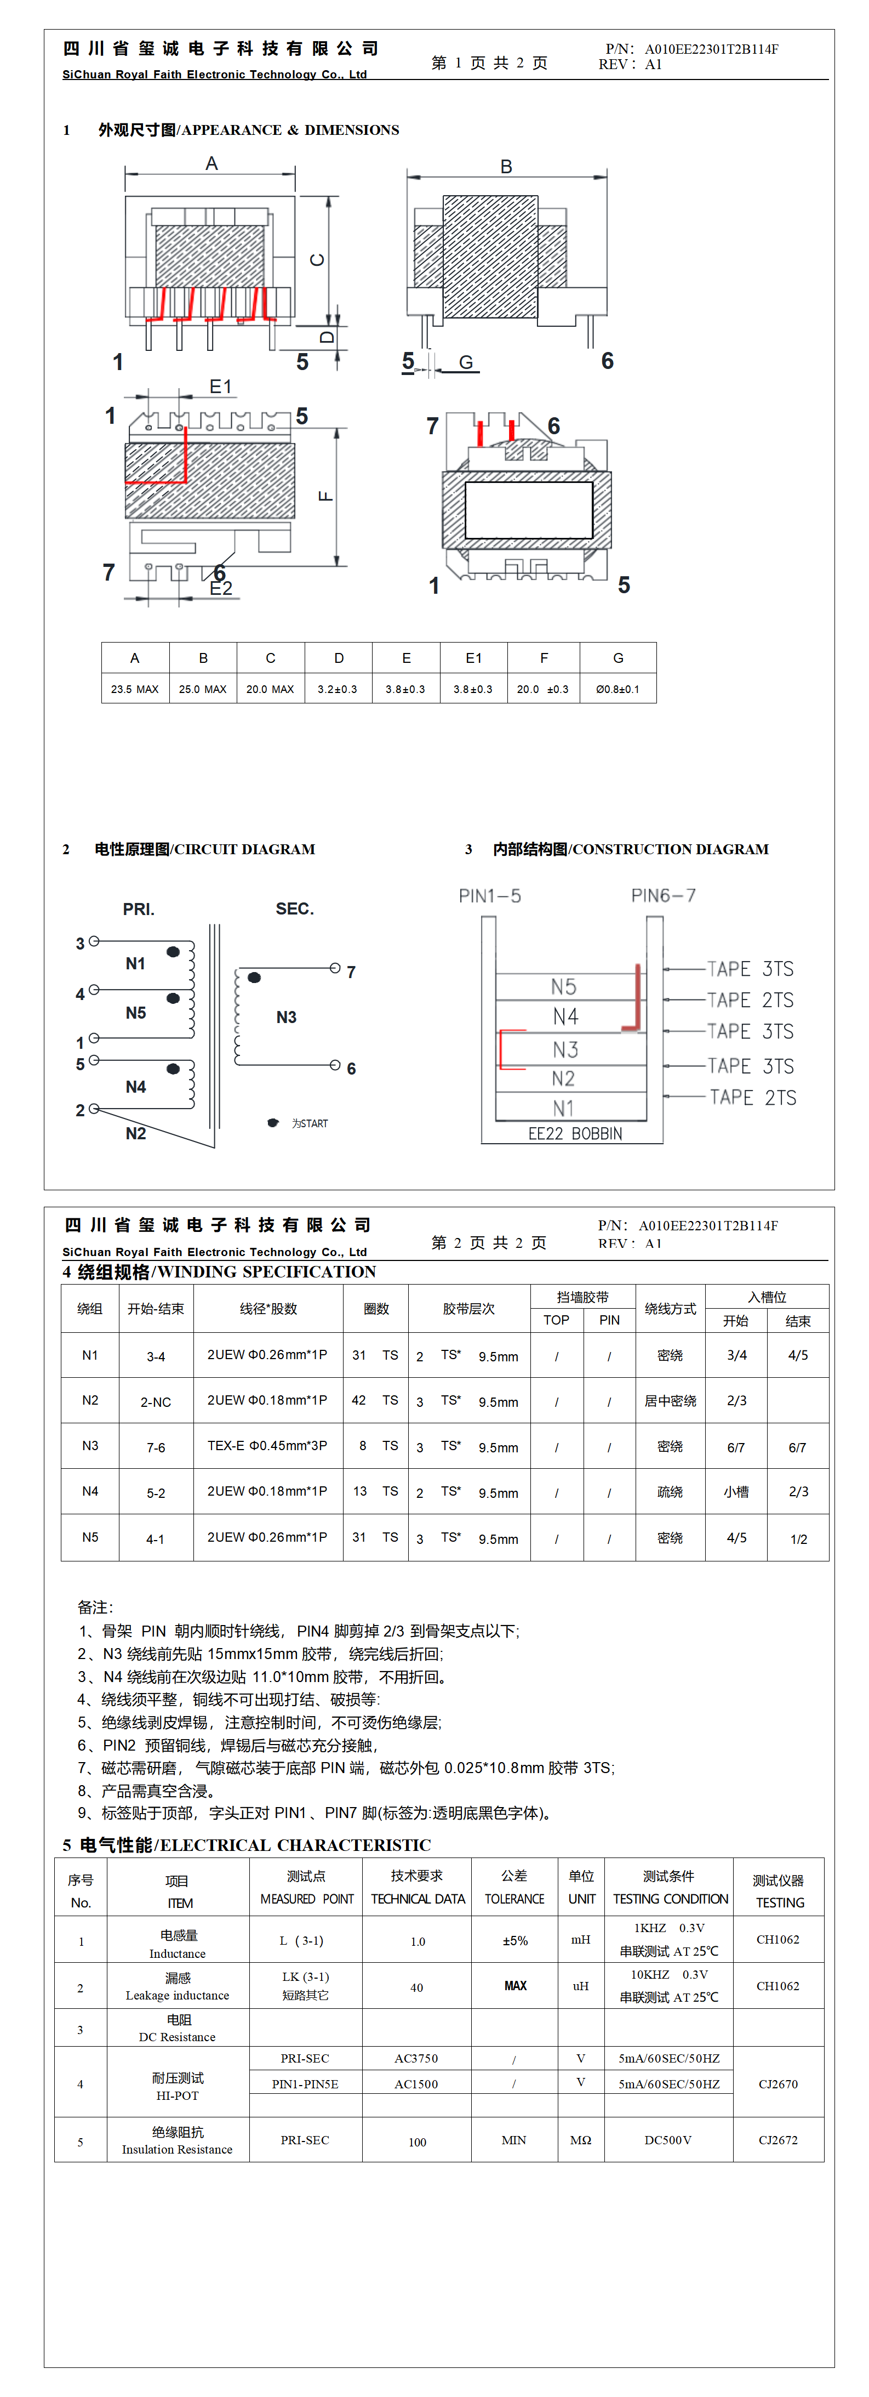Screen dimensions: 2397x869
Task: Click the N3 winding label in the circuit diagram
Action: (287, 1017)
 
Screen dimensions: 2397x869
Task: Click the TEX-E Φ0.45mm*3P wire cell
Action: (267, 1446)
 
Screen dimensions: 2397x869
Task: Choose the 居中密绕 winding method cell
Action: (670, 1400)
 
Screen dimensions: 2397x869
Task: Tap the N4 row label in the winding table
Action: (90, 1491)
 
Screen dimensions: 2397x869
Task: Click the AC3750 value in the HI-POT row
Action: (416, 2058)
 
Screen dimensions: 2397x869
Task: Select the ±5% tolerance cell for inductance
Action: (514, 1941)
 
